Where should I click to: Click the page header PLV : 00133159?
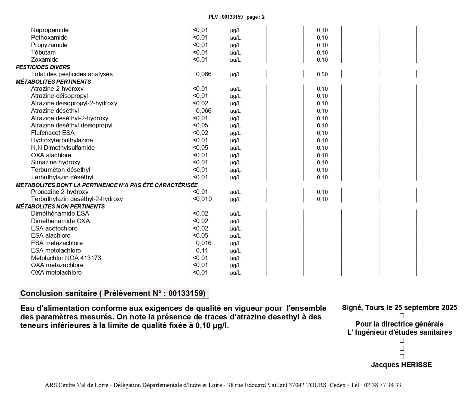tap(226, 17)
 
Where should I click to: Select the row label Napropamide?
tap(50, 30)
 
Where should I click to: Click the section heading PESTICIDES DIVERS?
tap(43, 67)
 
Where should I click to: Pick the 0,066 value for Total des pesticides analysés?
tap(204, 74)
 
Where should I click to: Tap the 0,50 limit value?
tap(322, 74)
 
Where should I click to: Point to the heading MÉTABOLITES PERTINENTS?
tap(54, 82)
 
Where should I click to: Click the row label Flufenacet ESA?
tap(53, 133)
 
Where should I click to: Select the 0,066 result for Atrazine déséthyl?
tap(204, 111)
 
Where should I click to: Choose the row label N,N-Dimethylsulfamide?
tap(63, 148)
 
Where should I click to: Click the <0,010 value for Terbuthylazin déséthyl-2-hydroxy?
tap(202, 199)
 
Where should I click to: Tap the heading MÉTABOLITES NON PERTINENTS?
tap(60, 207)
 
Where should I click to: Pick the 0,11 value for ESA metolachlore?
tap(202, 251)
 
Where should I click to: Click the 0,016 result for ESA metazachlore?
tap(204, 243)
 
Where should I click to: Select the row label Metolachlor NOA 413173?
tap(66, 258)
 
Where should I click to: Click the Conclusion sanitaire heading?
tap(113, 293)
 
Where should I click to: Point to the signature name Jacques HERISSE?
tap(401, 365)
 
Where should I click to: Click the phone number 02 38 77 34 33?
tap(382, 385)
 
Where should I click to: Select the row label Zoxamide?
tap(45, 60)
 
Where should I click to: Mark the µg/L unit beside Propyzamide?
tap(235, 45)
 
